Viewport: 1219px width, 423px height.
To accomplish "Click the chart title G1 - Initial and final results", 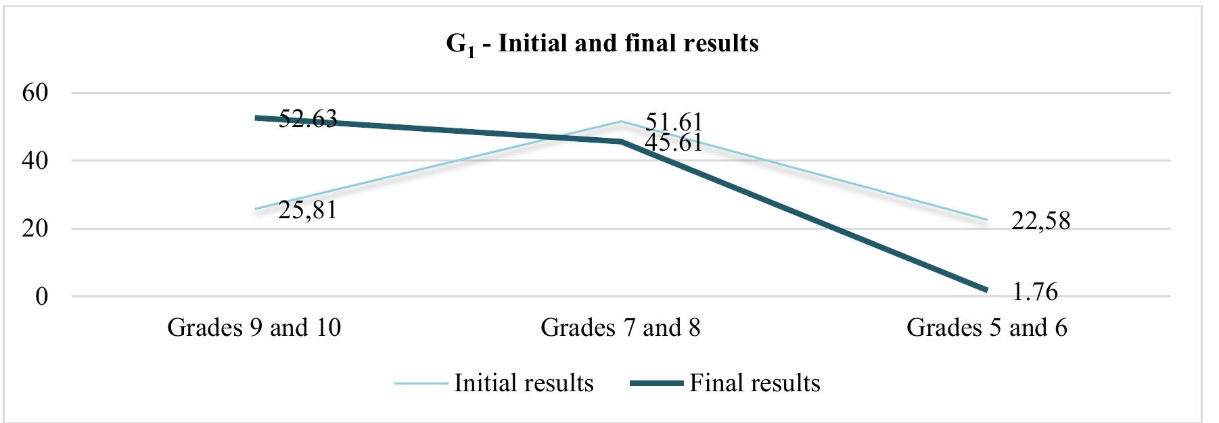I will click(602, 44).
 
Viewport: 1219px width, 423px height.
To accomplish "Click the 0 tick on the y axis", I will click(41, 297).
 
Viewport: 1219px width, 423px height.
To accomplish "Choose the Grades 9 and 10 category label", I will click(254, 328).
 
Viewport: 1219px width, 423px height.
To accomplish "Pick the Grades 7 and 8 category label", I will click(620, 328).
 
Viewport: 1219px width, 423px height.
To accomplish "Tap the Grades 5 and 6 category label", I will click(986, 328).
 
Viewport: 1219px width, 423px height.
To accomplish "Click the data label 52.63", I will click(307, 119).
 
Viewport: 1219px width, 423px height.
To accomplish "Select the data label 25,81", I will click(307, 211).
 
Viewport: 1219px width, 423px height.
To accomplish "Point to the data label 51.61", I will click(673, 122).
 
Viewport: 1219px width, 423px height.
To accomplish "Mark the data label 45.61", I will click(673, 143).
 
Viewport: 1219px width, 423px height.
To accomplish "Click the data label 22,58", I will click(1040, 221).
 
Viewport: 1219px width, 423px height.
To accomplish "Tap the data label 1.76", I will click(1035, 291).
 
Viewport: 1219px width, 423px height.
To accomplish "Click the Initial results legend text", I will click(524, 383).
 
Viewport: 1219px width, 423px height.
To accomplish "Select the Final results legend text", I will click(754, 383).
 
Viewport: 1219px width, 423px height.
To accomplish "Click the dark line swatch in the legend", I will click(656, 384).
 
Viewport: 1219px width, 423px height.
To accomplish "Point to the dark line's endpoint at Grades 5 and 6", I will click(986, 290).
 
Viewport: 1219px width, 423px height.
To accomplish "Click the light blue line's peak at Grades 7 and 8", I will click(620, 122).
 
